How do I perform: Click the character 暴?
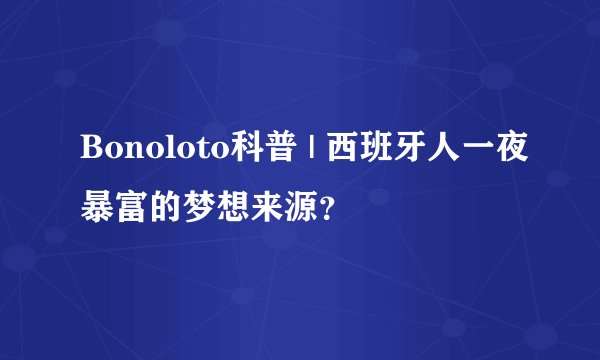(98, 197)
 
